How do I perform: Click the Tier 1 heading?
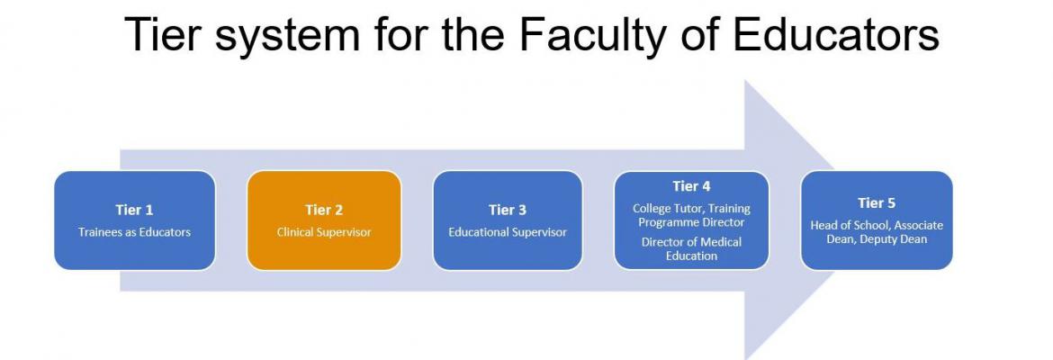point(134,210)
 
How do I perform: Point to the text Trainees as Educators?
point(134,232)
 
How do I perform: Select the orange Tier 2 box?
point(324,220)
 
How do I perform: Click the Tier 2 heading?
point(324,210)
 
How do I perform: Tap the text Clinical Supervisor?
point(324,232)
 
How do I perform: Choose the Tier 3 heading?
point(507,210)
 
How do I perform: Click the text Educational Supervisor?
point(507,232)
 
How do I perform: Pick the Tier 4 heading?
point(691,186)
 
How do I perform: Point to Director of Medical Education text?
point(691,248)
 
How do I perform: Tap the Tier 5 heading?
point(877,202)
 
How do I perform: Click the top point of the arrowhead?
point(745,80)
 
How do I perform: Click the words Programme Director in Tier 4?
point(691,222)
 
